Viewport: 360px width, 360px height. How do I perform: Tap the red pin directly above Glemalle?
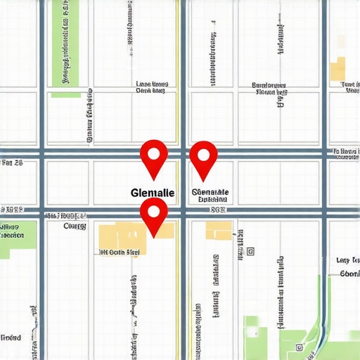click(x=154, y=156)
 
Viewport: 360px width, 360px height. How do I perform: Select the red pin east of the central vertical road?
click(x=203, y=157)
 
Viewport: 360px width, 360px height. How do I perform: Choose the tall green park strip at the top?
click(x=65, y=46)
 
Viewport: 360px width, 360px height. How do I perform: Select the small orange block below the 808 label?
click(x=218, y=231)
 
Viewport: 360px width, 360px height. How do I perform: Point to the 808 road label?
click(x=218, y=210)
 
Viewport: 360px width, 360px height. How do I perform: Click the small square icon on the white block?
click(x=250, y=250)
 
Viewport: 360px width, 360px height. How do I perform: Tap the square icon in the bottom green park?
click(x=300, y=347)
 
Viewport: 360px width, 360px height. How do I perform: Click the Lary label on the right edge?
click(x=347, y=260)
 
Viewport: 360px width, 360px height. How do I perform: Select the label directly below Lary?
click(x=349, y=274)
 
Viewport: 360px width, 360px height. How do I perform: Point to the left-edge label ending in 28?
click(x=12, y=163)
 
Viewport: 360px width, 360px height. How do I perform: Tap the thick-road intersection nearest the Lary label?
click(x=324, y=211)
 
